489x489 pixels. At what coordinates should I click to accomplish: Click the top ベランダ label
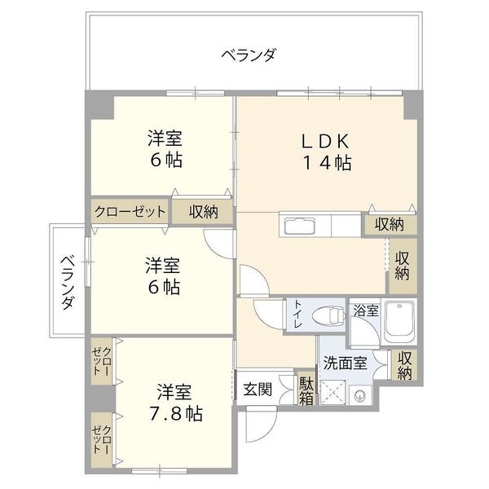pyautogui.click(x=249, y=55)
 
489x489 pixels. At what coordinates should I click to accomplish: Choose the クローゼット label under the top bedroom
pyautogui.click(x=130, y=211)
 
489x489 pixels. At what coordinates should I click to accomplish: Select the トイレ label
pyautogui.click(x=297, y=315)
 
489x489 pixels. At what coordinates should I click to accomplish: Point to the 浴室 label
pyautogui.click(x=365, y=311)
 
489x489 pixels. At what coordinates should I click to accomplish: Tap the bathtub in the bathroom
pyautogui.click(x=400, y=322)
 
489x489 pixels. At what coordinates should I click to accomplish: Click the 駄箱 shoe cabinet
pyautogui.click(x=306, y=390)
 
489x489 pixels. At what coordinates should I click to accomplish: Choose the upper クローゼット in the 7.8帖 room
pyautogui.click(x=101, y=360)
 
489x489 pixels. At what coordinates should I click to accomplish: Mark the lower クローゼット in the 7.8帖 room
pyautogui.click(x=101, y=438)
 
